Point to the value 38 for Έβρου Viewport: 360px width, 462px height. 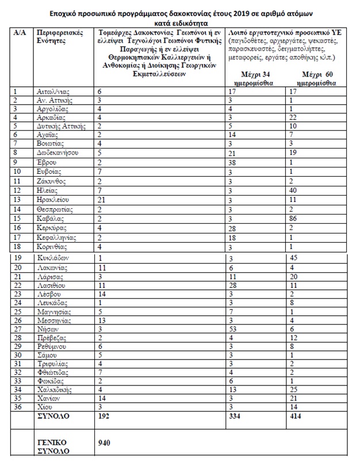(x=232, y=163)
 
